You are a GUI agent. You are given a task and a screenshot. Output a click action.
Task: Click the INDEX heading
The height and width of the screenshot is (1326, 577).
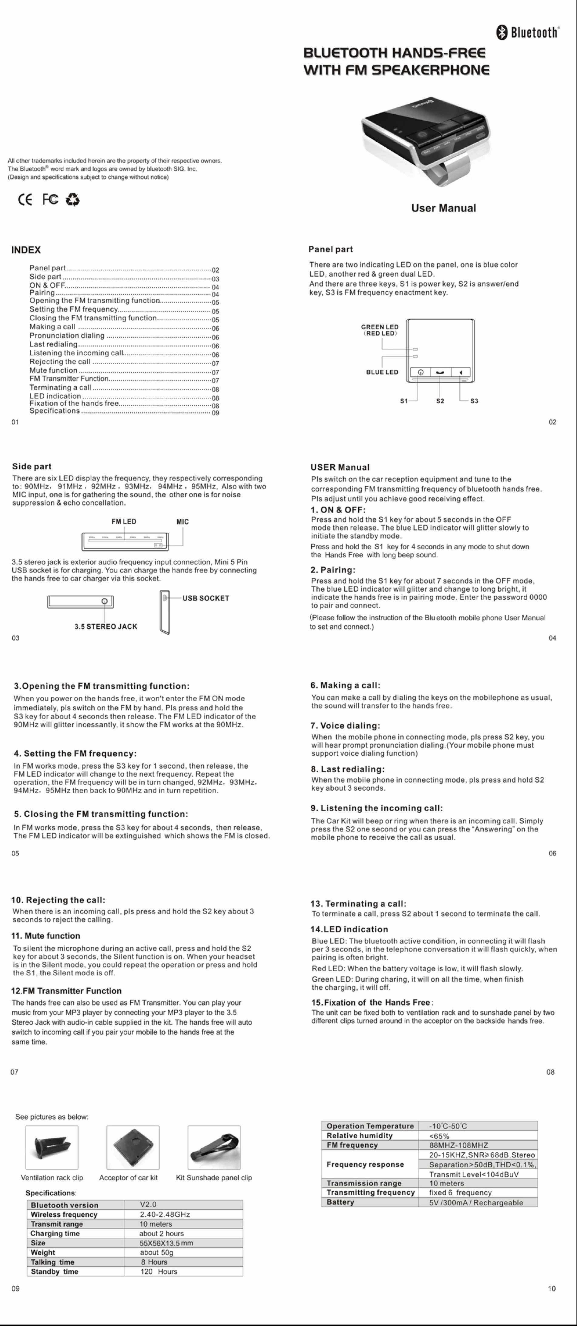[x=26, y=250]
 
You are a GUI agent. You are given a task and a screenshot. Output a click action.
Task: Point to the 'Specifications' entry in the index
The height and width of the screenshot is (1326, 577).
[x=55, y=411]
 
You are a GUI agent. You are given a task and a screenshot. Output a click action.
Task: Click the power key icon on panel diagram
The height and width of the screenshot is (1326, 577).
[x=420, y=372]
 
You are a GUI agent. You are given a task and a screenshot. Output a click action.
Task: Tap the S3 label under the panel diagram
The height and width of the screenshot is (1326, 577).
[x=474, y=401]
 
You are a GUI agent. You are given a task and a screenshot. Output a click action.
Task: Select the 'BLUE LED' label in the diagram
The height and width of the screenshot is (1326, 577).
[x=382, y=372]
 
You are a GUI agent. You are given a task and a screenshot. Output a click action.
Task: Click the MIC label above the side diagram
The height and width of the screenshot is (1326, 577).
[x=183, y=521]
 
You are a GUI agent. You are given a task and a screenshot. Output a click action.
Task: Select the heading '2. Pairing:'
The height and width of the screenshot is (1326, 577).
[x=332, y=570]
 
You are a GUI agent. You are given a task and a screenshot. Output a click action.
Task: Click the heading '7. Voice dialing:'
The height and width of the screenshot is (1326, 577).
[x=345, y=726]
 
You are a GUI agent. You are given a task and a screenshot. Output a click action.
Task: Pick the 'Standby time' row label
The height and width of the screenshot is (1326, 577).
[x=55, y=1271]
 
